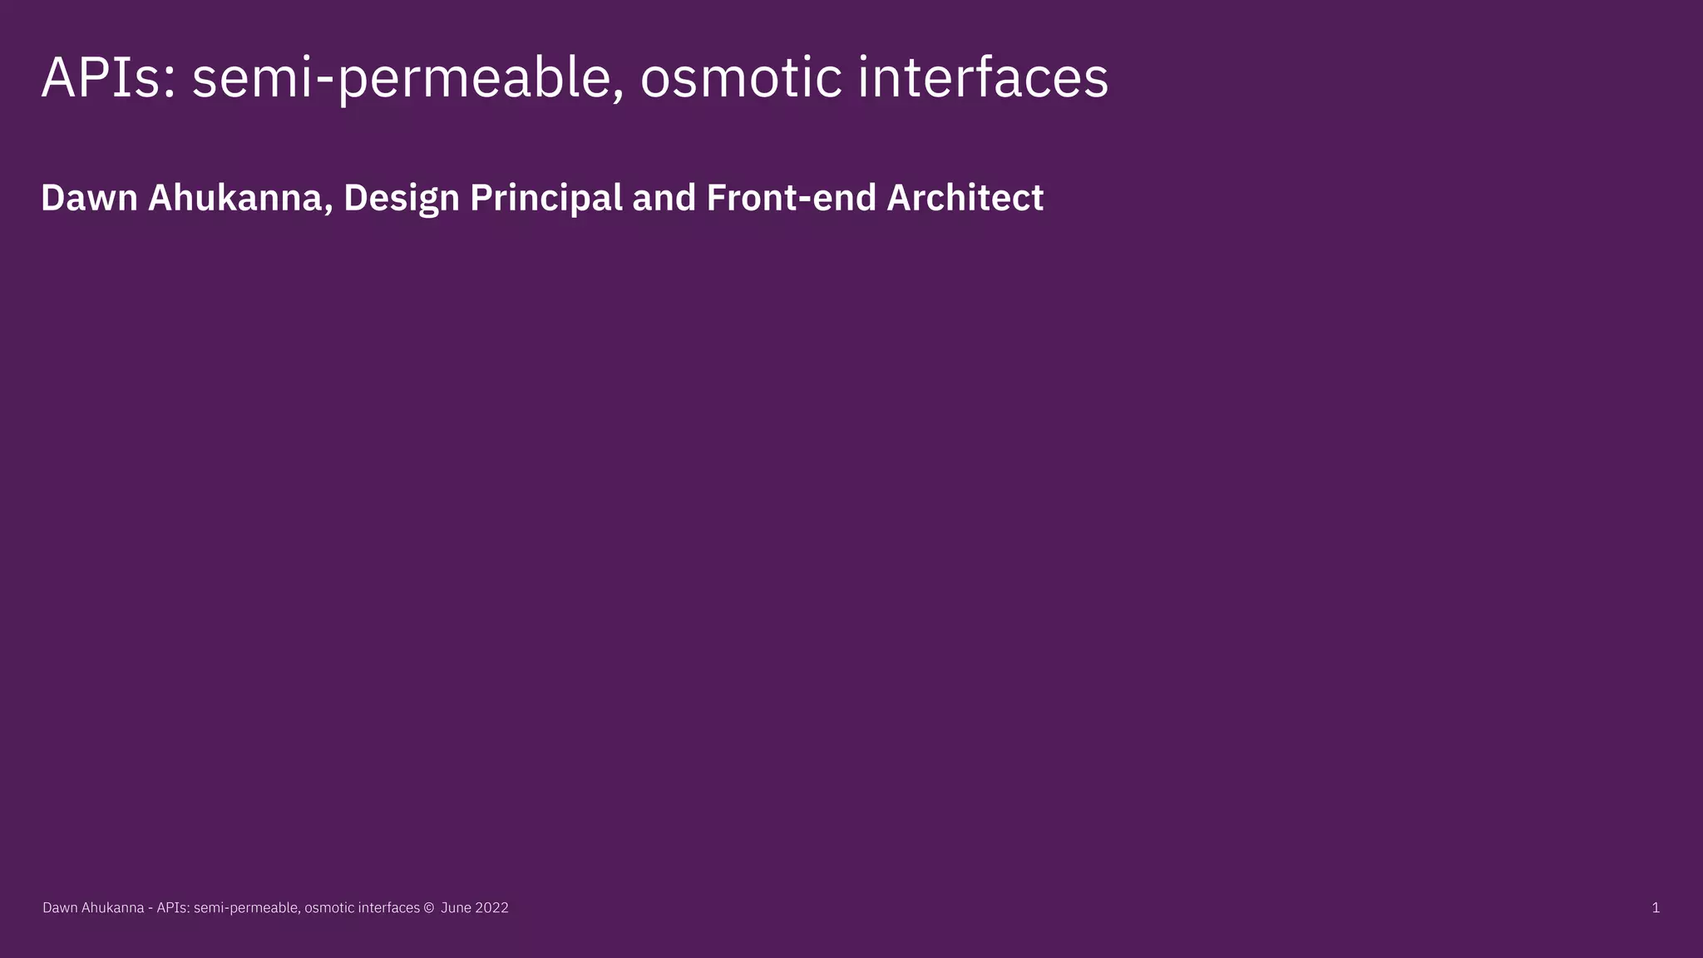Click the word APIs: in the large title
point(108,78)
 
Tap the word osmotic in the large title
point(741,78)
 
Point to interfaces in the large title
point(983,78)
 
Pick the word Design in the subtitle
point(401,199)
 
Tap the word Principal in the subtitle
point(545,199)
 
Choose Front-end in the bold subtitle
point(791,199)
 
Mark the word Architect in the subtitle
point(965,199)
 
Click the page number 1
point(1656,908)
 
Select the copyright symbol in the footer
point(429,908)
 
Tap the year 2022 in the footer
point(491,908)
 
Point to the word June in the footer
point(456,908)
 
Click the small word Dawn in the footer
point(60,908)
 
